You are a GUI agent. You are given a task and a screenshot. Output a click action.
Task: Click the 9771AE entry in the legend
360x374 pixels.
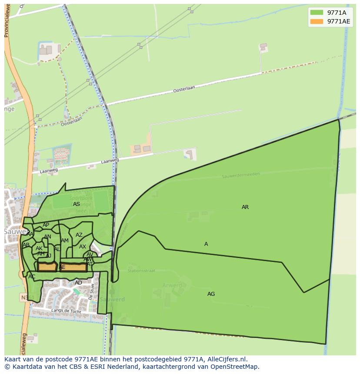click(x=338, y=21)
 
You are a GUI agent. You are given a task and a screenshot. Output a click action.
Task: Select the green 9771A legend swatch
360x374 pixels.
click(x=317, y=13)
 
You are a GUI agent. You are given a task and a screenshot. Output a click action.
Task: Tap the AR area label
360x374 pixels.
click(x=245, y=207)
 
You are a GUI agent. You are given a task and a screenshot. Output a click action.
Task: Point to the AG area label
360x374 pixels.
click(x=211, y=294)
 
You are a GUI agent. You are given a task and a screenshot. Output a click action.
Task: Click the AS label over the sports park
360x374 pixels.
click(x=77, y=204)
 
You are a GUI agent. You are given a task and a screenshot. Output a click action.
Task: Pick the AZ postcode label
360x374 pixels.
click(x=79, y=235)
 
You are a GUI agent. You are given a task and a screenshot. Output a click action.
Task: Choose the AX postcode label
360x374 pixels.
click(x=83, y=247)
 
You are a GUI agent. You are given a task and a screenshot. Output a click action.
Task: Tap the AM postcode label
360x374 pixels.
click(x=65, y=241)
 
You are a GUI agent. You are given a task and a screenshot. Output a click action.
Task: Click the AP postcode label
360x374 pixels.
click(x=46, y=225)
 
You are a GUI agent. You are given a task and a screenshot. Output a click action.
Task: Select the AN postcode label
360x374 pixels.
click(x=47, y=237)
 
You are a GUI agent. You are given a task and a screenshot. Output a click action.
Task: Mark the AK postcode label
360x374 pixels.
click(x=39, y=248)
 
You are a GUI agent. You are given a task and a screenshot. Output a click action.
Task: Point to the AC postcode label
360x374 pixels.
click(x=32, y=277)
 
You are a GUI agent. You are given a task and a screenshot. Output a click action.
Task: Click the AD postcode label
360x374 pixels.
click(x=78, y=283)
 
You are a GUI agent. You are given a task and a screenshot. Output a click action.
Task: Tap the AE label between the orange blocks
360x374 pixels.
click(x=62, y=267)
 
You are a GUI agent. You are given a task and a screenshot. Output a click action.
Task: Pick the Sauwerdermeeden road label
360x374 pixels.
click(x=240, y=175)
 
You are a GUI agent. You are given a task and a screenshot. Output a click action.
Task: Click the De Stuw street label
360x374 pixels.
click(x=91, y=292)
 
